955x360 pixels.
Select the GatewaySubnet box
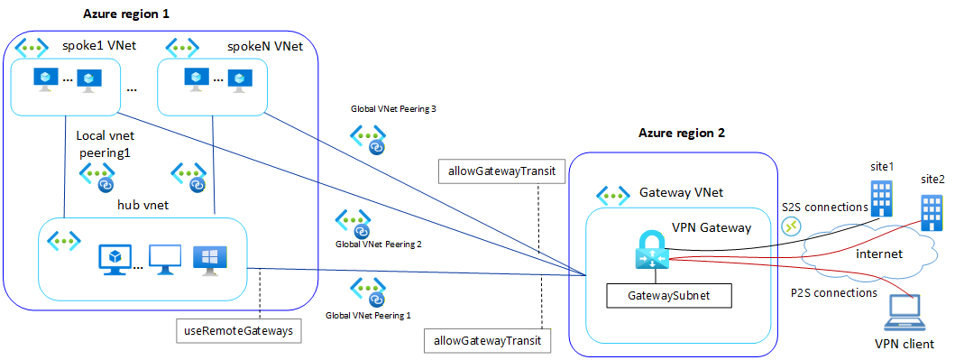click(x=669, y=296)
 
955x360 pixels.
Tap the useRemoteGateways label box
click(x=238, y=331)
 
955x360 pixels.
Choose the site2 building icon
click(x=932, y=213)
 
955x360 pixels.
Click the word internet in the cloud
click(x=879, y=254)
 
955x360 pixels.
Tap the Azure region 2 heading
click(x=682, y=134)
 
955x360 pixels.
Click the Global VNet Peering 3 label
click(x=393, y=110)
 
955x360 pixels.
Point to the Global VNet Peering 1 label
click(x=368, y=316)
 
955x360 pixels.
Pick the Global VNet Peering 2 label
click(x=378, y=245)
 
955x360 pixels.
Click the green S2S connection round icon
click(x=791, y=226)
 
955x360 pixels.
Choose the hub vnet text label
click(x=142, y=206)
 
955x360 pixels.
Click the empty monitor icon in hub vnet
click(x=165, y=260)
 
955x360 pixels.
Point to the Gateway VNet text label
click(x=681, y=192)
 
